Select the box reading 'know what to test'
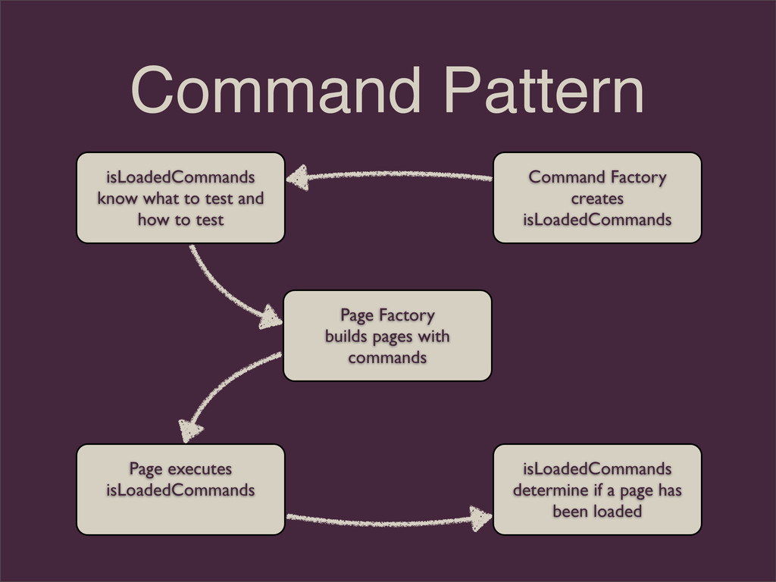tap(180, 198)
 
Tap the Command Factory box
tap(597, 198)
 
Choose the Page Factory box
tap(387, 335)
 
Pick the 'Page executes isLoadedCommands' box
tap(180, 490)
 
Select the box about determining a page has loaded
tap(597, 490)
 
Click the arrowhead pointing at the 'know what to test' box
tap(298, 179)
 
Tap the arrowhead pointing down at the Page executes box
tap(189, 431)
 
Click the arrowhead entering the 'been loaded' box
tap(480, 519)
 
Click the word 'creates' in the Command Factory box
tap(597, 199)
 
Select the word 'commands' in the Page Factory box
tap(387, 356)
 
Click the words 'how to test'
tap(180, 220)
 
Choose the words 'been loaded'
tap(597, 512)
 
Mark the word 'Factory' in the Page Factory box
tap(407, 314)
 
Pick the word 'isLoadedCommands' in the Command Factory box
tap(597, 220)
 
